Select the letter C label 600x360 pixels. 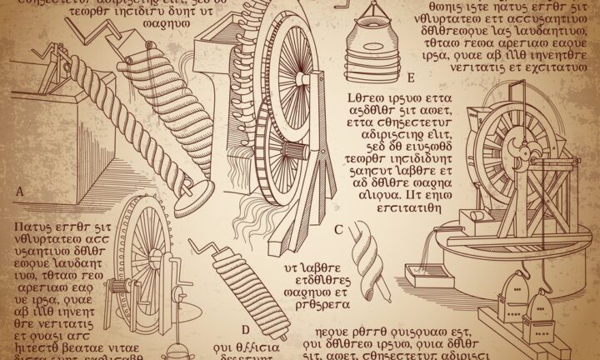tap(337, 229)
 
